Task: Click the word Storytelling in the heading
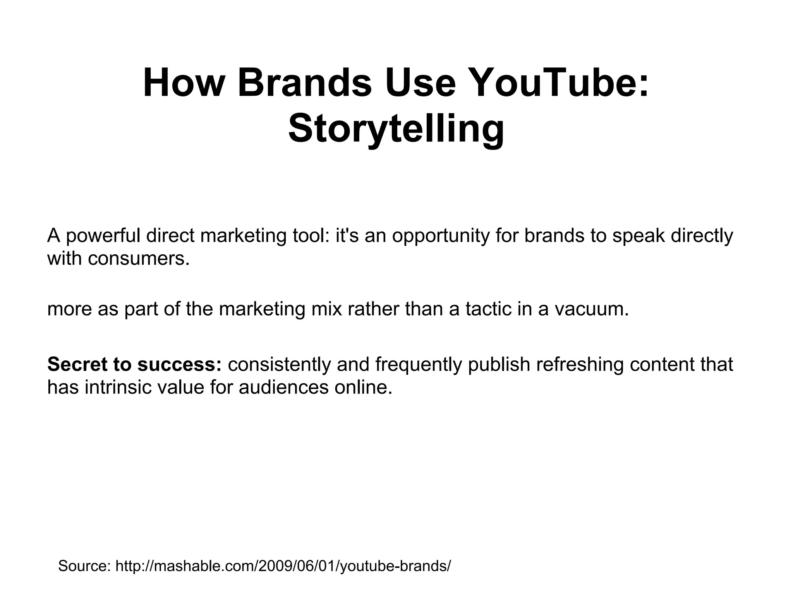[x=396, y=128]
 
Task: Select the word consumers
[x=139, y=258]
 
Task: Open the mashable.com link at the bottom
[x=283, y=566]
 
